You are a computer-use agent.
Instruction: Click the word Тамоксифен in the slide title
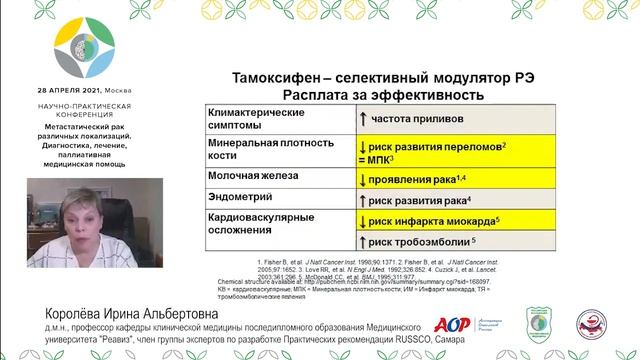[x=277, y=76]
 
